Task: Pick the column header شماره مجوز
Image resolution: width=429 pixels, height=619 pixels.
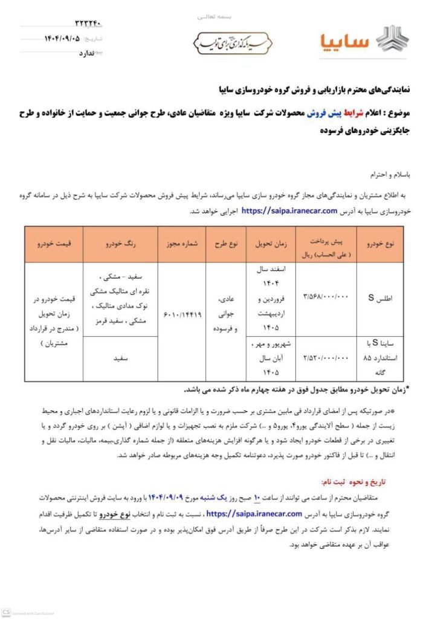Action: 181,244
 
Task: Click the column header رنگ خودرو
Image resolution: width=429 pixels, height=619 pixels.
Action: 120,244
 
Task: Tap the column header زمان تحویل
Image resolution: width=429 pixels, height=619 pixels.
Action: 271,244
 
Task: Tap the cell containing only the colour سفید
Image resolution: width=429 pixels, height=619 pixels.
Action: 120,358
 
